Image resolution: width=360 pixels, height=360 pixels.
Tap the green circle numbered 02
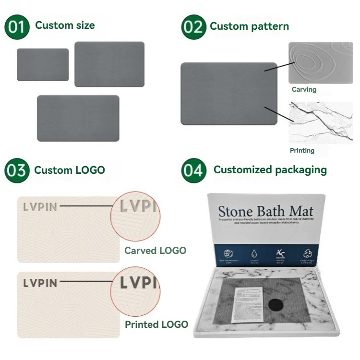point(193,27)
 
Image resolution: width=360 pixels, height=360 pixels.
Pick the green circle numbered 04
point(193,170)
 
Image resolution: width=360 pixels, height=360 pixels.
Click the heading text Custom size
point(65,25)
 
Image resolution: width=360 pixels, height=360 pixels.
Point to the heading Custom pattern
point(249,26)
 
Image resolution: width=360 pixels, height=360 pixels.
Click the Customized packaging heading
point(270,169)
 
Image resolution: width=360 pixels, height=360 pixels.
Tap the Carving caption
point(304,89)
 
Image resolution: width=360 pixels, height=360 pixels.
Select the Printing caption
point(302,150)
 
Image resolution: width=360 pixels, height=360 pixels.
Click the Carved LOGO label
point(155,250)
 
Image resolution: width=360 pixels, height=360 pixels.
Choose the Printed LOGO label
point(156,324)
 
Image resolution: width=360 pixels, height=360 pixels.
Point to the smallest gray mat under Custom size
point(43,64)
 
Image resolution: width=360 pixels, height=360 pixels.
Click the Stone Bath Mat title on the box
point(265,211)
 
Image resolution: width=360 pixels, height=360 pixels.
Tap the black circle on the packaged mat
point(276,304)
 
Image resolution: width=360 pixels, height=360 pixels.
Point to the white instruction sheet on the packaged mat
point(246,303)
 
